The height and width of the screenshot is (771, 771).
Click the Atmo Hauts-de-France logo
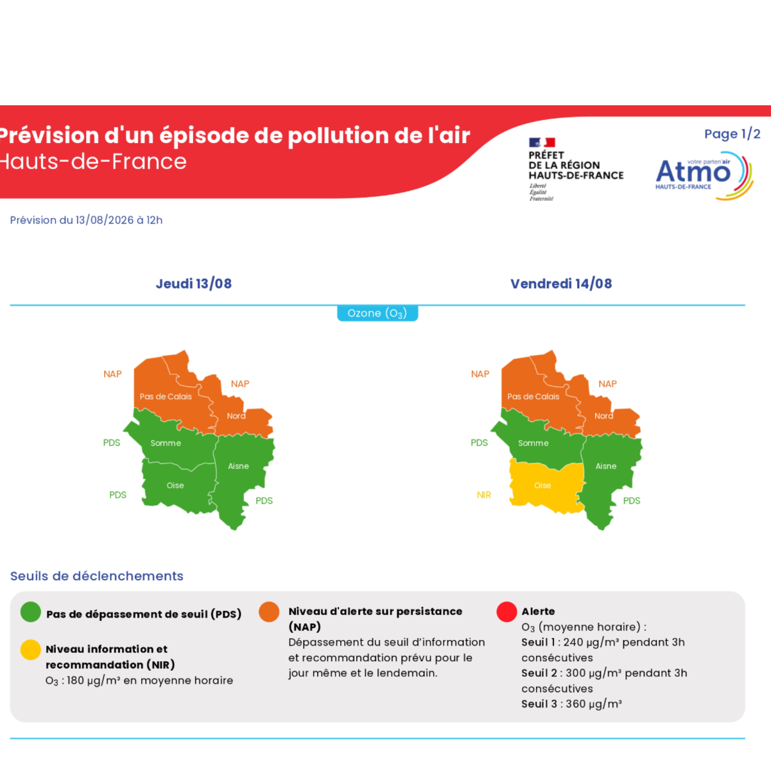[704, 176]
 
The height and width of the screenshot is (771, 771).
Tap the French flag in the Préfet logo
[542, 143]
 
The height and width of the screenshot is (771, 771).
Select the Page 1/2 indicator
[732, 134]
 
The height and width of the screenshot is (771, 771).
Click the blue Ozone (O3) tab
[377, 313]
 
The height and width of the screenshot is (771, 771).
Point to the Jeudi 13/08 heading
[194, 284]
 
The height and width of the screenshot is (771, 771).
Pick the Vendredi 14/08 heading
[561, 284]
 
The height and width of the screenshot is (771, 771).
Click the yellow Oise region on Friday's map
[546, 486]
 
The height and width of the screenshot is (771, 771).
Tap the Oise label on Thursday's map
[175, 485]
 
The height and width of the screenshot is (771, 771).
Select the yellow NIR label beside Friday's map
[484, 495]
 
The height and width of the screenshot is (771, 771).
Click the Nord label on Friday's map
[603, 416]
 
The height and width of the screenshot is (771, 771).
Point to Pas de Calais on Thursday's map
[166, 397]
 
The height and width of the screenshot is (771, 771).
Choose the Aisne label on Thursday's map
[238, 466]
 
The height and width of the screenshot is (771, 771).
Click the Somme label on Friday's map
[533, 443]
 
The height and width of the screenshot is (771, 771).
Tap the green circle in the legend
[31, 612]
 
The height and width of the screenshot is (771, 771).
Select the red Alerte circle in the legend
[507, 612]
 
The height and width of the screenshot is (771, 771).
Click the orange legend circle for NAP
[269, 612]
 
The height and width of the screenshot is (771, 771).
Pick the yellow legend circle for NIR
[31, 650]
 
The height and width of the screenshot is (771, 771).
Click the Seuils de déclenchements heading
[97, 576]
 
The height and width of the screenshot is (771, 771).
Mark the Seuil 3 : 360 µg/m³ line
[571, 704]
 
